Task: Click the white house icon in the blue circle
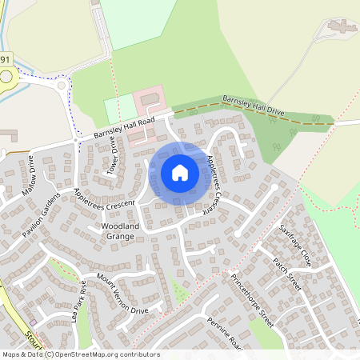pos(180,172)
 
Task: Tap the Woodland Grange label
pos(121,232)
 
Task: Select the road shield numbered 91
pos(6,60)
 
